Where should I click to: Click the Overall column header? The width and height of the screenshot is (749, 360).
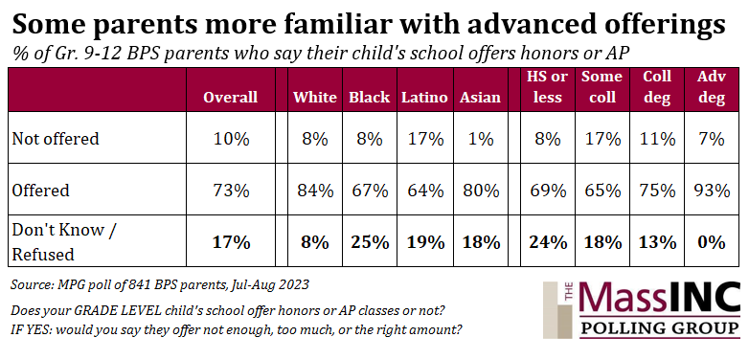coord(230,98)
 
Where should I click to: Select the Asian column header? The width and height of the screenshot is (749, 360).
coord(480,98)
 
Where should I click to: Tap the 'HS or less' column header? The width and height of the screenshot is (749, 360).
coord(547,87)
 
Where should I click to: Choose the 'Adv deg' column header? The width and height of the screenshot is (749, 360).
coord(712,87)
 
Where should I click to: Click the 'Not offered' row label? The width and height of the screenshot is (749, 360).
coord(56,139)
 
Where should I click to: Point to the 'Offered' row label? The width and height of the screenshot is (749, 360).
coord(40,191)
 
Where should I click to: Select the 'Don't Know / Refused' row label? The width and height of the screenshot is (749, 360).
coord(64,242)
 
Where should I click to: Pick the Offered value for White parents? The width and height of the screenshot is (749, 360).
coord(314,191)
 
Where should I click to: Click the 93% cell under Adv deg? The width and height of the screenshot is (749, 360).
coord(712,191)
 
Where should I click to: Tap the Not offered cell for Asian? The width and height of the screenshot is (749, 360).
coord(480,139)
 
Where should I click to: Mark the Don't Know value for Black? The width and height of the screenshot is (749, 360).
coord(369,242)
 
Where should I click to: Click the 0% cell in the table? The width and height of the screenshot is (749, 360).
coord(712,242)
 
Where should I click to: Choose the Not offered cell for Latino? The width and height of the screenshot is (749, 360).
coord(424,139)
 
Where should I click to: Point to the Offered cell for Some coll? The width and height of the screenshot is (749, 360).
coord(601,191)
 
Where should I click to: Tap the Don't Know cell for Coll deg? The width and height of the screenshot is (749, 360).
coord(657,242)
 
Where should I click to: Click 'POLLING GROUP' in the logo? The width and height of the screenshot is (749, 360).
coord(660,328)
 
